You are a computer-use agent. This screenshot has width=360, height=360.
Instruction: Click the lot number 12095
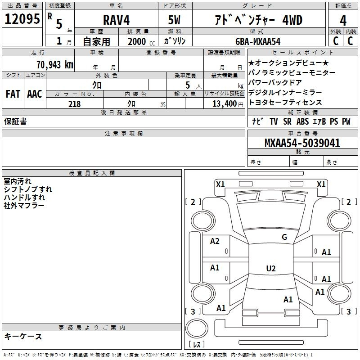tap(22, 19)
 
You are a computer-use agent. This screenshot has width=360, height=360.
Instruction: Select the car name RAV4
tap(117, 20)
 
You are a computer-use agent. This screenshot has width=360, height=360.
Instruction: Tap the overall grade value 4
tap(343, 21)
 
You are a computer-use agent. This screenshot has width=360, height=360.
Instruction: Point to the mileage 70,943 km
tap(55, 64)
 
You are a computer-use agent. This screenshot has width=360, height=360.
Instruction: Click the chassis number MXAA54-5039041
tap(302, 143)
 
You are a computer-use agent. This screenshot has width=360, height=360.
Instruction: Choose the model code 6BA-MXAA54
tap(258, 41)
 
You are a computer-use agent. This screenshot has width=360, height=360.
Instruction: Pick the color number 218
tap(75, 104)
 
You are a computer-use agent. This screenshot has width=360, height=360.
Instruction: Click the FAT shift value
tap(13, 94)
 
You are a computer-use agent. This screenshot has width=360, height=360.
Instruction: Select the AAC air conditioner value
tap(35, 94)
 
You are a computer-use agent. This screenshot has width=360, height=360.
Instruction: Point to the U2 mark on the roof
tap(271, 268)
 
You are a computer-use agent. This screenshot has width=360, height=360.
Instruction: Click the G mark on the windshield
tap(284, 237)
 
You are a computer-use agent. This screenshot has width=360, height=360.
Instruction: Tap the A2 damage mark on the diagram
tap(215, 241)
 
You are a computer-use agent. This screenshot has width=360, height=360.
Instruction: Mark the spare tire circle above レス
tap(197, 328)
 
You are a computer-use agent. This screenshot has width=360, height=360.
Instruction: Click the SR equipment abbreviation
tap(287, 121)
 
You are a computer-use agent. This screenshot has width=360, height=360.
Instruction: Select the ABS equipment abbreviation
tap(302, 121)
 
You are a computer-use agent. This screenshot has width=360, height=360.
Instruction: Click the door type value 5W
tap(174, 20)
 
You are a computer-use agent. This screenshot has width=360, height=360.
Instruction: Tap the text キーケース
tap(23, 337)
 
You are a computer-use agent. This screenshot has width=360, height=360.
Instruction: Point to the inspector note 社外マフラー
tap(24, 206)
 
